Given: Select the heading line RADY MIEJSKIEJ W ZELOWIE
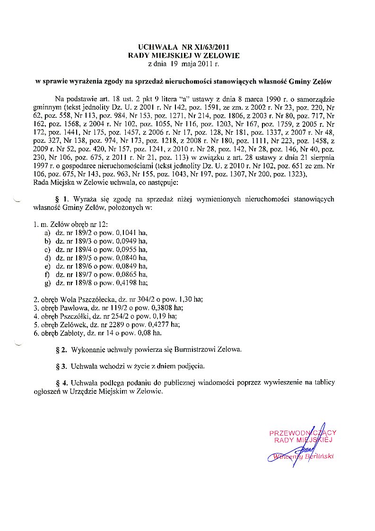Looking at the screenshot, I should click(x=184, y=55).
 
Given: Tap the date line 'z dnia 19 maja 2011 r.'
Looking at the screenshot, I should click(x=184, y=63).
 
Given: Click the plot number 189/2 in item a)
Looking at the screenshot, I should click(x=79, y=234).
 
